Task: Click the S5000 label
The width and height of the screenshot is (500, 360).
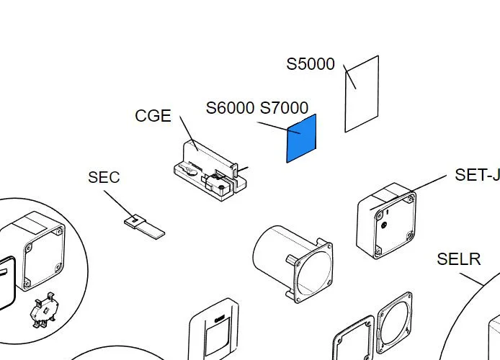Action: [311, 64]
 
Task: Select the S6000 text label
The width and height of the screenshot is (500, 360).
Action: [230, 108]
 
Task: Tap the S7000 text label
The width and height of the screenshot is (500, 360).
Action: [284, 108]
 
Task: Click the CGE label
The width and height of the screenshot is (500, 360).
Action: [153, 116]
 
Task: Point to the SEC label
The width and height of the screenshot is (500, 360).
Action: [104, 177]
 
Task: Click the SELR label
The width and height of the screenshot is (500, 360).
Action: [458, 259]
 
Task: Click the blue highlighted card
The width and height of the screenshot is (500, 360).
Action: [302, 138]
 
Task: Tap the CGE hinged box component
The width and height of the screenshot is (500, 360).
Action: [209, 171]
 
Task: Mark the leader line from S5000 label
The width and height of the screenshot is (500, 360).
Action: [350, 77]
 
